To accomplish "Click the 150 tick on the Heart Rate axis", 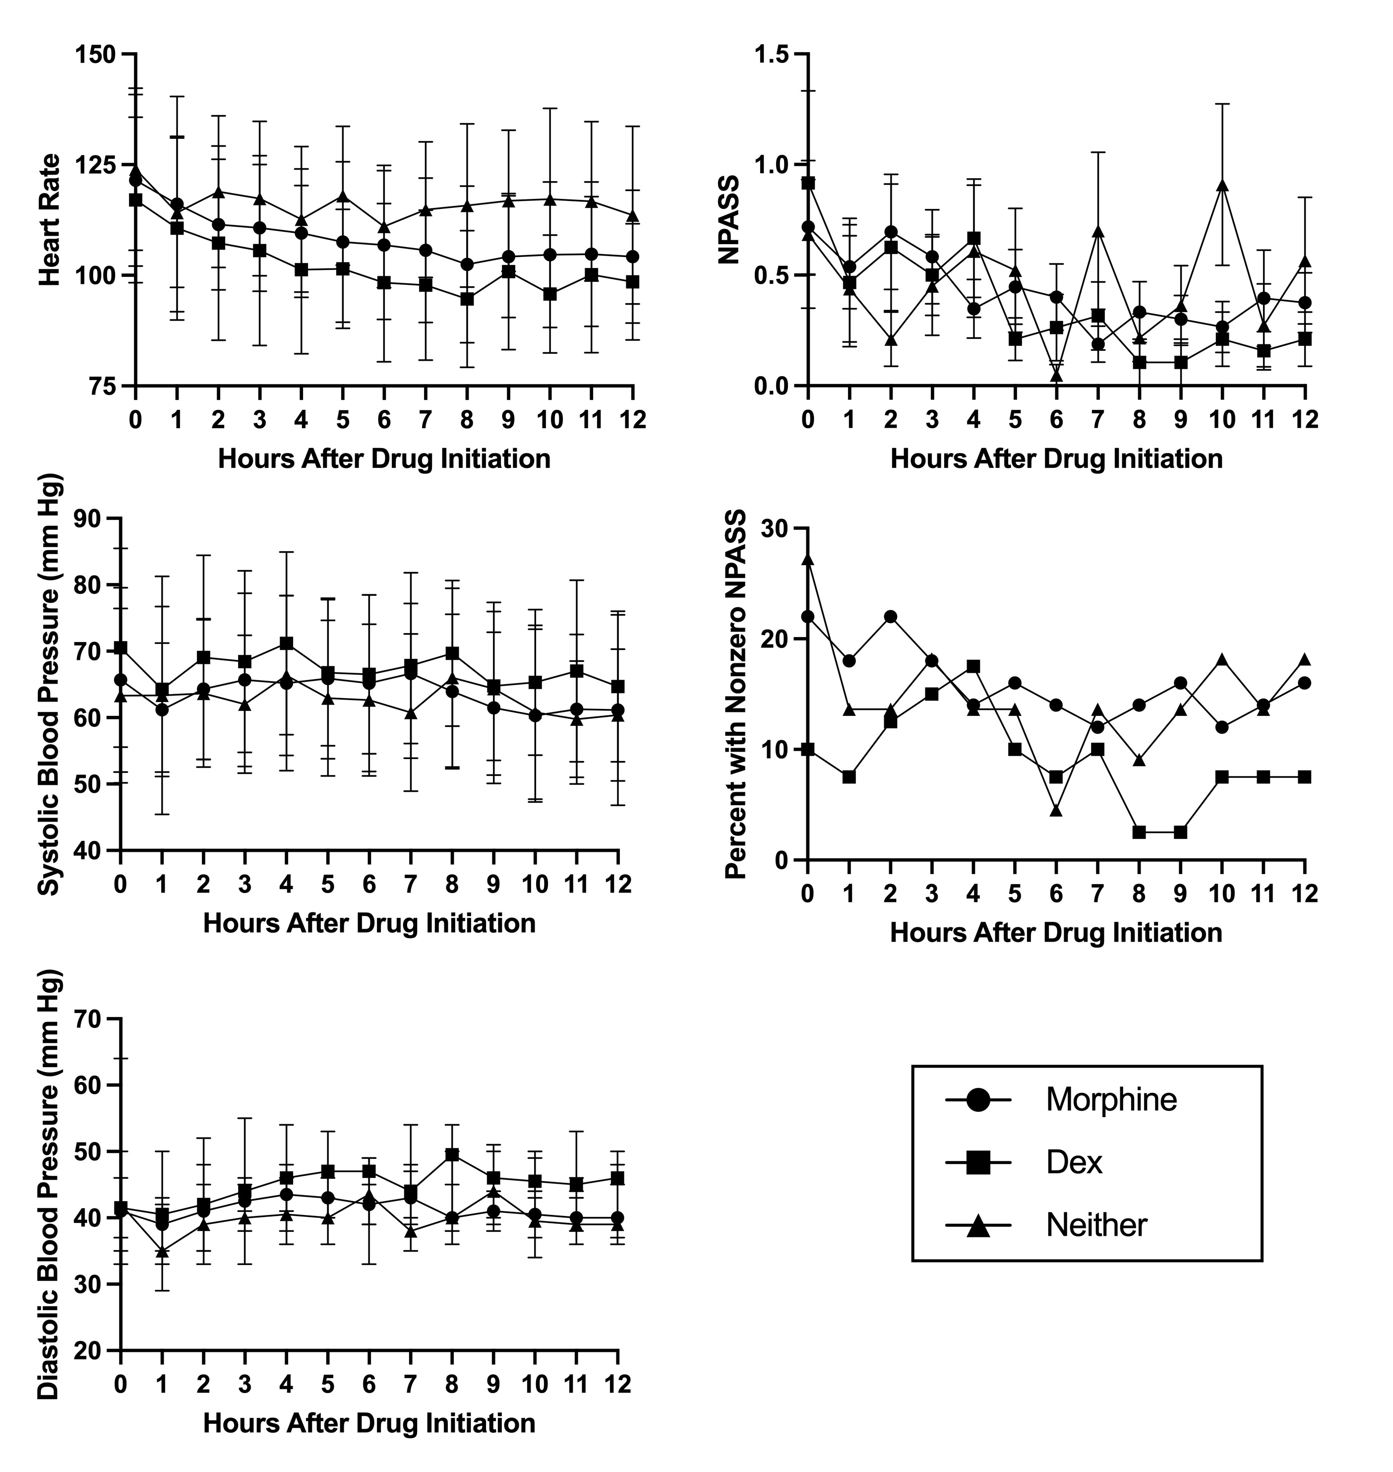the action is click(99, 54).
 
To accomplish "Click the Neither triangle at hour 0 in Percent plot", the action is click(808, 559).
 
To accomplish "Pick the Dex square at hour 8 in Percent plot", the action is click(1139, 832).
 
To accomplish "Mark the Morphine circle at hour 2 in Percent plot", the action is click(890, 616).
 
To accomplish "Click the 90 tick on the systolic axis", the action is click(91, 518).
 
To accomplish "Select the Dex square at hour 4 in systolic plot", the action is click(286, 642).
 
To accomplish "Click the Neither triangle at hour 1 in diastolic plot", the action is click(162, 1251).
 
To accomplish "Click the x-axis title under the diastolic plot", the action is click(369, 1422).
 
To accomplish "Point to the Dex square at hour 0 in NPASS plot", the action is click(808, 183).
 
